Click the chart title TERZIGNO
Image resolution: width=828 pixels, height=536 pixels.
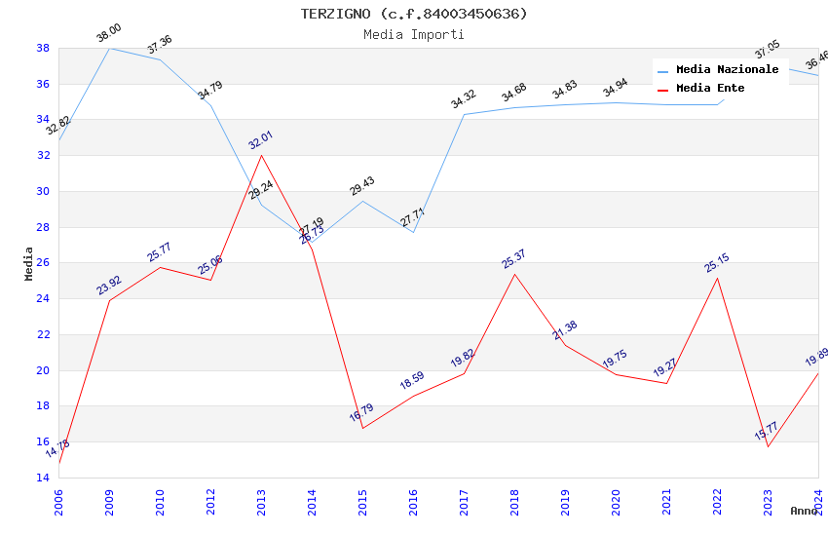(x=413, y=14)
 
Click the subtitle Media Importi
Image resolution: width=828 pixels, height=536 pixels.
(x=413, y=34)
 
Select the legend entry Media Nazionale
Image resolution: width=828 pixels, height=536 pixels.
(x=727, y=70)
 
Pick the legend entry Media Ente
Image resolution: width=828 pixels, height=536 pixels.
(x=710, y=88)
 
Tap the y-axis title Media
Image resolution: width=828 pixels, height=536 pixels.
(x=28, y=263)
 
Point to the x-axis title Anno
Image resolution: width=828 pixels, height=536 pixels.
(x=804, y=511)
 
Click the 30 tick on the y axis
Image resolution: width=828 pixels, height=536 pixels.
(x=43, y=191)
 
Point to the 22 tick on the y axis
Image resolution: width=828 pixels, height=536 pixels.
(x=43, y=334)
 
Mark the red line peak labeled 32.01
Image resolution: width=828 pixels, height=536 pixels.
(x=261, y=156)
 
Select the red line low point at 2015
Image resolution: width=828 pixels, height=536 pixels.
(x=362, y=428)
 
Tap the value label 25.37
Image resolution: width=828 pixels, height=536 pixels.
(x=513, y=259)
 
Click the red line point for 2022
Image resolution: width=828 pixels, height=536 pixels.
(x=717, y=278)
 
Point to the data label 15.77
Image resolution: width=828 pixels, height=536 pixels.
(x=767, y=431)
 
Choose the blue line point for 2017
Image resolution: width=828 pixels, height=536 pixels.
(x=464, y=114)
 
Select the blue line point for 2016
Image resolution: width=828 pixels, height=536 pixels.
(x=413, y=232)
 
